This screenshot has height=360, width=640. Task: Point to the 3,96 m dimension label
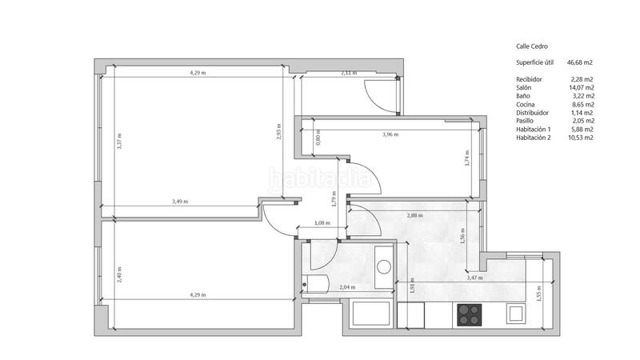pos(390,134)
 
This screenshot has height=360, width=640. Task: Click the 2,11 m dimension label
pos(348,73)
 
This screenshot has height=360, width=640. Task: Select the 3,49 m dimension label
pos(180,202)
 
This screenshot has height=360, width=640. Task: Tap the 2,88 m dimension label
pos(414,216)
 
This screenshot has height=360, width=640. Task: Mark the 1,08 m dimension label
pos(322,223)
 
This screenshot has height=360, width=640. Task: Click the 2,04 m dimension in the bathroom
pos(347,287)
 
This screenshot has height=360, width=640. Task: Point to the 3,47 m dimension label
pos(475,278)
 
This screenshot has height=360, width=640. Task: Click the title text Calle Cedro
pos(531,47)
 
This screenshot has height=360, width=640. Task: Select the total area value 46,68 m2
pos(579,62)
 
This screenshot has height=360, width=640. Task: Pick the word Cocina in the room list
pos(526,104)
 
